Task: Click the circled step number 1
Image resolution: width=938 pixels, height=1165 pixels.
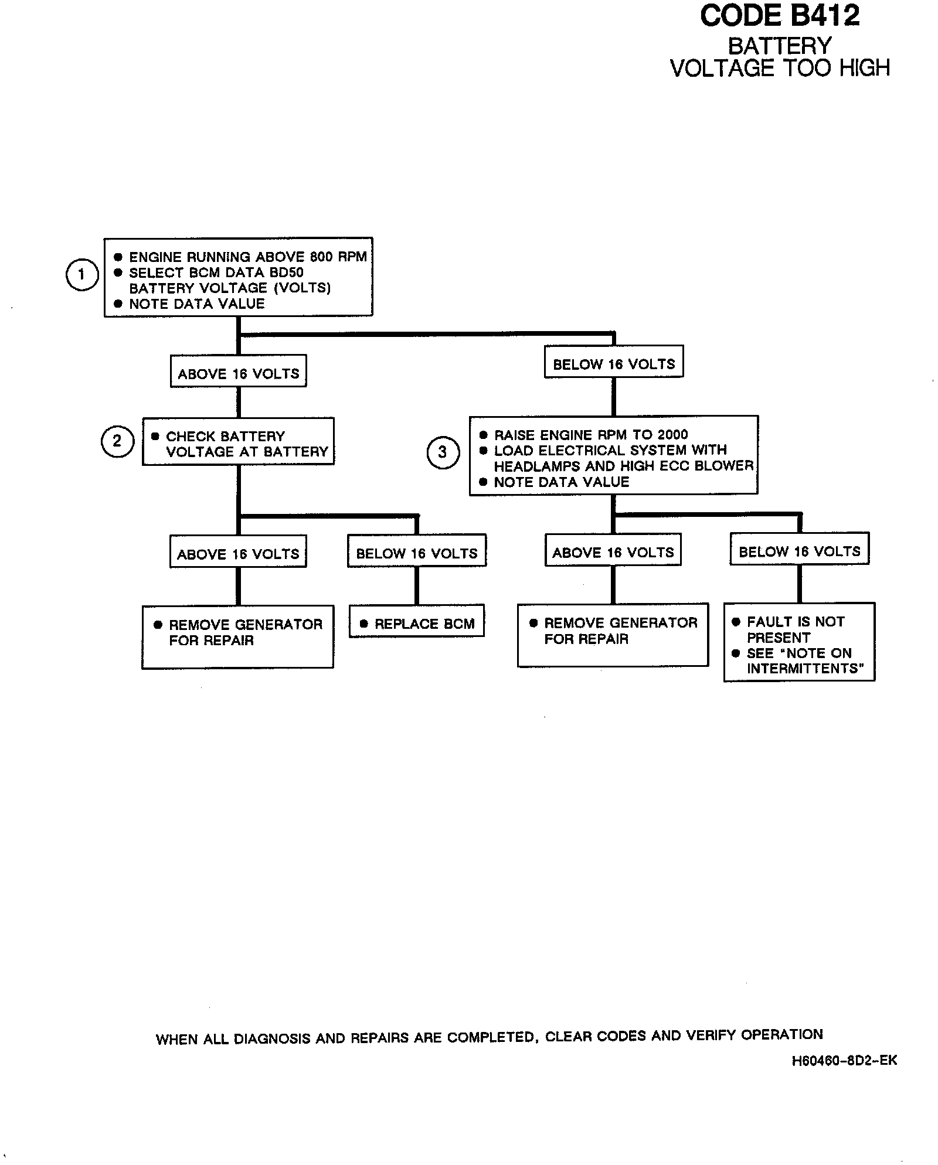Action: point(81,274)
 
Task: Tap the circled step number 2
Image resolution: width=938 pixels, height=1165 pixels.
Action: point(117,441)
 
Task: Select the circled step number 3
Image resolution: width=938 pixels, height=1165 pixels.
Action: point(443,452)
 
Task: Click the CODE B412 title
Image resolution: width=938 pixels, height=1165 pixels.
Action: point(780,16)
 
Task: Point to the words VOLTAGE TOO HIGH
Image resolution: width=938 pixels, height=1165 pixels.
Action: point(780,69)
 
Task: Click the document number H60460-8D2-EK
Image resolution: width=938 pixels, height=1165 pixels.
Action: point(844,1061)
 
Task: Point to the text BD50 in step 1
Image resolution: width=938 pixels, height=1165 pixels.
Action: point(286,272)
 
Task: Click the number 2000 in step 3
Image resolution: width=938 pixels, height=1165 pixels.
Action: point(672,435)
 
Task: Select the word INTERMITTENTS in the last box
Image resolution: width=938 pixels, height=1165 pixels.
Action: point(805,669)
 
